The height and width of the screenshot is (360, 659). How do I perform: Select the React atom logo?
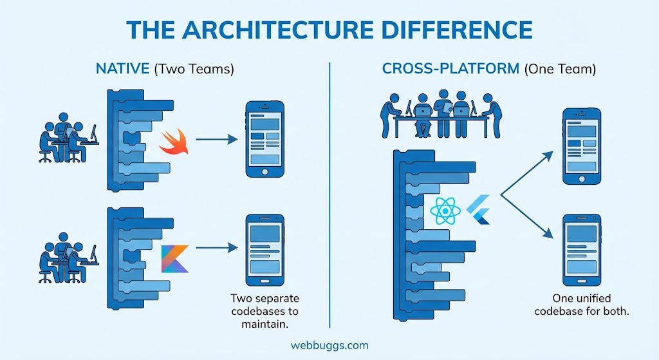[445, 211]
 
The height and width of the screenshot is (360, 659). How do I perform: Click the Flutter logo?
[479, 210]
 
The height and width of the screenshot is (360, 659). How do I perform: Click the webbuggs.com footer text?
[329, 345]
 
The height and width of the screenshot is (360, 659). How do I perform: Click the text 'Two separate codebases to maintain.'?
[265, 311]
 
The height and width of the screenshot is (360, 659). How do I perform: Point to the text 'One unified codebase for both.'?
[581, 305]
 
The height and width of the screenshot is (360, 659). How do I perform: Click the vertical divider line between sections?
[329, 193]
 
